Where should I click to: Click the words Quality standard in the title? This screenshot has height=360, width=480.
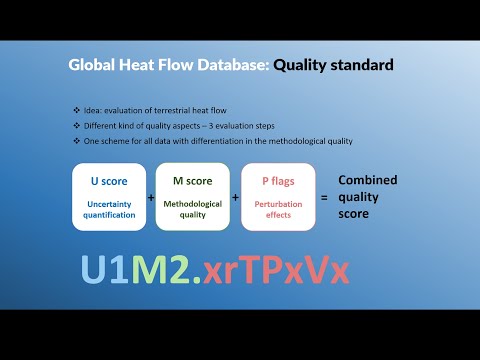click(x=333, y=66)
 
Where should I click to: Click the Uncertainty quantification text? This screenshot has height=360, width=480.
click(x=109, y=207)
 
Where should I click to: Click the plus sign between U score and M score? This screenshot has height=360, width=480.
click(x=151, y=198)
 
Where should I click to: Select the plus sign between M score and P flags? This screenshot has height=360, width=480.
click(x=236, y=198)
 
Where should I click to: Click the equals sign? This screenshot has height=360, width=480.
click(x=324, y=198)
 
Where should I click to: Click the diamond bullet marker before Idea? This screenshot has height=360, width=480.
click(x=76, y=109)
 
